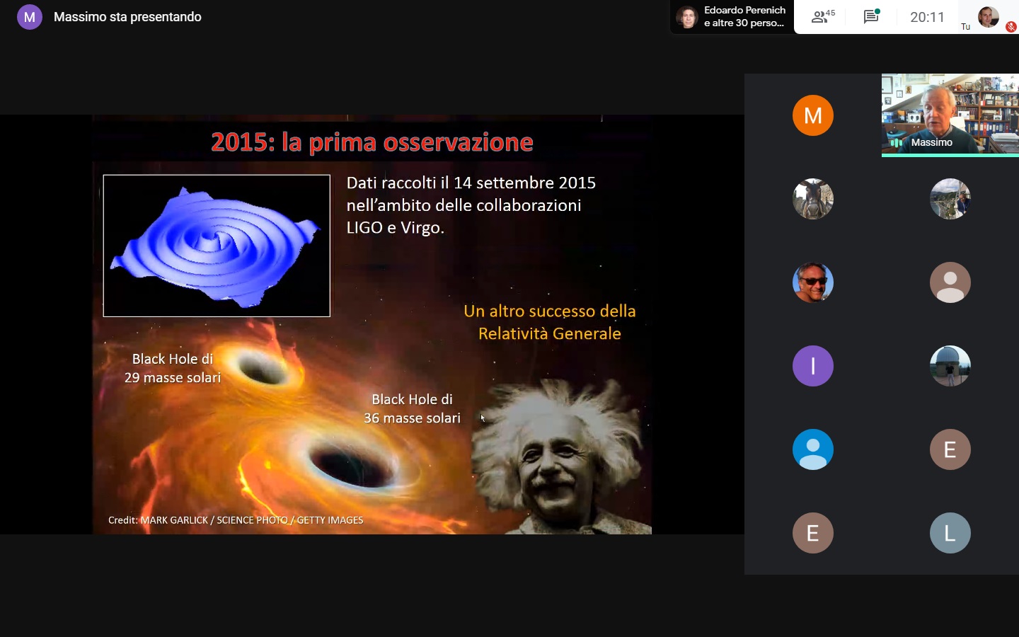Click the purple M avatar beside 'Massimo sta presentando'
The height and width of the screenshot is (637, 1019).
(x=30, y=17)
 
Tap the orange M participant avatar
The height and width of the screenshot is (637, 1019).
(x=813, y=115)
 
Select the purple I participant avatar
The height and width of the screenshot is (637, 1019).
(x=813, y=366)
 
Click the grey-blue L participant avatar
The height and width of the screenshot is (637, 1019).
(x=950, y=533)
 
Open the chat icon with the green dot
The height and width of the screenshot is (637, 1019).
(x=871, y=16)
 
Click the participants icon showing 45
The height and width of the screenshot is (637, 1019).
(x=823, y=16)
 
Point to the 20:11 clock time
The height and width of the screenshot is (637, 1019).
(x=927, y=17)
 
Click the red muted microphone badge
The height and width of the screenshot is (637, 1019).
(x=1011, y=27)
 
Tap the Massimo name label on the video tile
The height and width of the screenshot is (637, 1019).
(x=932, y=142)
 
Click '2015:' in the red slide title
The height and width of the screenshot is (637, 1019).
(x=243, y=142)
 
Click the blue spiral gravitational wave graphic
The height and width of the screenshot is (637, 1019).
(x=217, y=246)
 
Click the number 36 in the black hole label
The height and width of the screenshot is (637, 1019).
(x=372, y=418)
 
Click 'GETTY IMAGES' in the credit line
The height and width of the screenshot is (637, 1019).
(x=330, y=520)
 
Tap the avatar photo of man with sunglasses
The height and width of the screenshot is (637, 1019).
(x=813, y=282)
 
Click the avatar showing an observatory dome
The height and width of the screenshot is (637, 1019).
(x=950, y=366)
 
